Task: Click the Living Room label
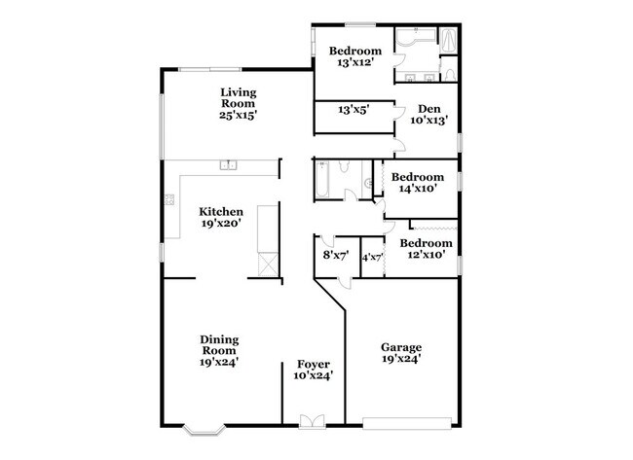point(237,103)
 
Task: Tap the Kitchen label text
point(221,217)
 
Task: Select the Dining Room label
point(220,350)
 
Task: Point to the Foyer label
point(314,370)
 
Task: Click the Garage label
point(400,352)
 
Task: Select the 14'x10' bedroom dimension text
point(418,190)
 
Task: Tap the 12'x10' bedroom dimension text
point(426,255)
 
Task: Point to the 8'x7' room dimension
point(336,257)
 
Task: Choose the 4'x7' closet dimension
point(372,257)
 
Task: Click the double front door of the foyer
point(313,421)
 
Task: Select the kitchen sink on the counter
point(230,164)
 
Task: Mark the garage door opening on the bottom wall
point(406,423)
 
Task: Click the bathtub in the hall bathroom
point(324,181)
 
